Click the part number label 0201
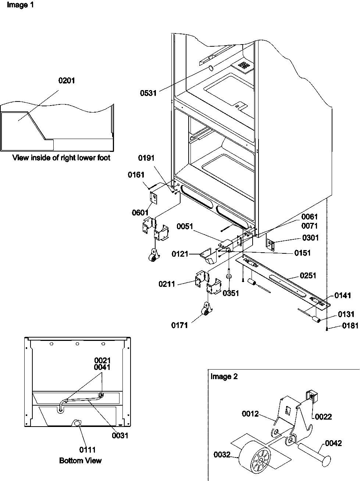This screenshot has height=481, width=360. point(67,81)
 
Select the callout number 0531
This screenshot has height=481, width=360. point(148,93)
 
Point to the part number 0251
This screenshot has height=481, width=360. point(308,275)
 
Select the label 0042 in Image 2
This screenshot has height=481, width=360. point(334,443)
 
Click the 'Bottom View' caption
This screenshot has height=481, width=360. point(80,460)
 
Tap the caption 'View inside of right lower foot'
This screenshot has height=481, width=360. point(61,158)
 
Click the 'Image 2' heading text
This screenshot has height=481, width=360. point(224,377)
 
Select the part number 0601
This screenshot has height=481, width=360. point(140,212)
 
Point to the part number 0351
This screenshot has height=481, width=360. point(231,293)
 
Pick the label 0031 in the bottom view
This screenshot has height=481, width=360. point(121,435)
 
